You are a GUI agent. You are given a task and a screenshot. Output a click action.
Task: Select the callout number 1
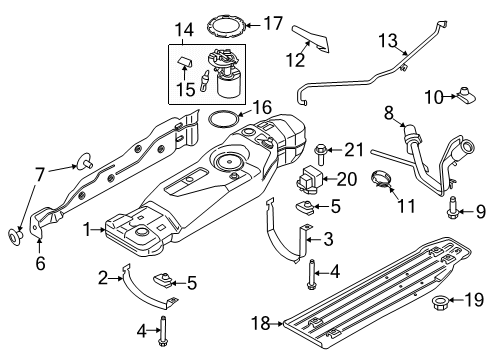(91, 229)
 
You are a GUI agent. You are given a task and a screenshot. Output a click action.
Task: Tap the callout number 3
(329, 238)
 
